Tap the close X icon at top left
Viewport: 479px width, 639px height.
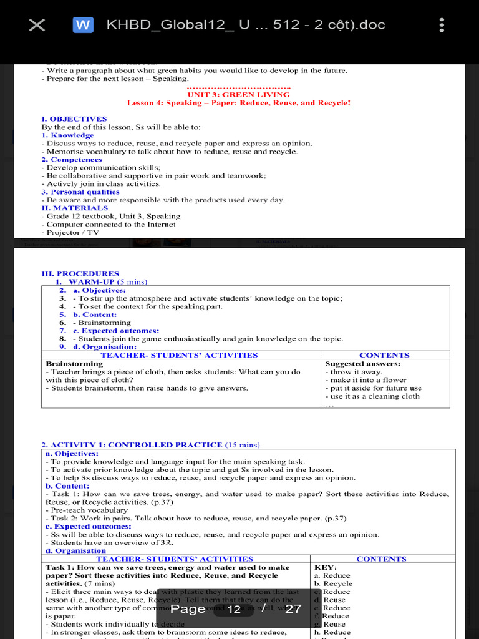pos(37,25)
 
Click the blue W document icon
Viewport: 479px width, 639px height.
pos(83,25)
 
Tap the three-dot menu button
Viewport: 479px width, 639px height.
pos(442,25)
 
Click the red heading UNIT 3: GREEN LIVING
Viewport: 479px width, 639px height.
pos(238,95)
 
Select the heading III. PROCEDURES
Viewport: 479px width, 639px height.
pos(80,273)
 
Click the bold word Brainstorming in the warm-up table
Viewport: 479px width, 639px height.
pos(74,363)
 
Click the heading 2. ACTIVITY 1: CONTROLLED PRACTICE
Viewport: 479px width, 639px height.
pos(132,444)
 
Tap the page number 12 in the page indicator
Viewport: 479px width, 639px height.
pos(235,608)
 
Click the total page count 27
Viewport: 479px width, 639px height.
pos(293,608)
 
